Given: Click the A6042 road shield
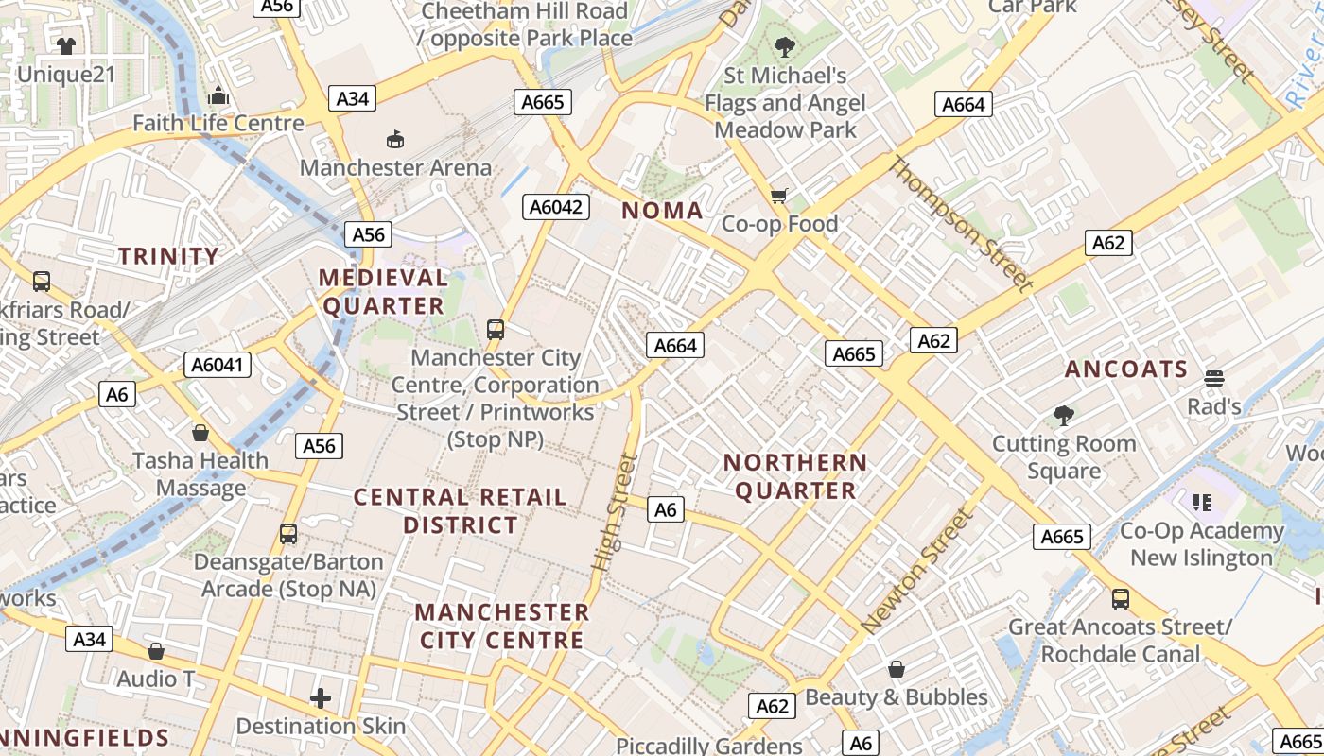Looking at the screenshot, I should [556, 207].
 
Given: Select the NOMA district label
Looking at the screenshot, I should [662, 211].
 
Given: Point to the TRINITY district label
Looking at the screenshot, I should [168, 255].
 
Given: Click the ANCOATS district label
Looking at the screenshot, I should [1126, 369].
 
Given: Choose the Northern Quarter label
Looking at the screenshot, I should [795, 476].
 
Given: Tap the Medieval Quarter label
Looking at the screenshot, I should [383, 291].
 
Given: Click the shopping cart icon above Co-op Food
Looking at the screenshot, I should [778, 196].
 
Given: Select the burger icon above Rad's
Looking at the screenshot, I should [1214, 379].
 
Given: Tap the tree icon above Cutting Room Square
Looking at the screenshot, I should [1064, 415].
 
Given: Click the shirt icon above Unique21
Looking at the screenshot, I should [65, 45].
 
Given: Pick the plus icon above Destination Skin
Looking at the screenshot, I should [321, 698].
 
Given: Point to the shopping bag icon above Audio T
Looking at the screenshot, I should [156, 651].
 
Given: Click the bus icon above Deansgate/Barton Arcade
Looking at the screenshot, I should [288, 534].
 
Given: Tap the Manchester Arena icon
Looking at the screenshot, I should [395, 140].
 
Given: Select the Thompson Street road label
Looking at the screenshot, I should [959, 223].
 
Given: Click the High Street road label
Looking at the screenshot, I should [616, 512].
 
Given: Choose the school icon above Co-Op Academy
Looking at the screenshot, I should [1202, 502].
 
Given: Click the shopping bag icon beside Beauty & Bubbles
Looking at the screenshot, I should [896, 670].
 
